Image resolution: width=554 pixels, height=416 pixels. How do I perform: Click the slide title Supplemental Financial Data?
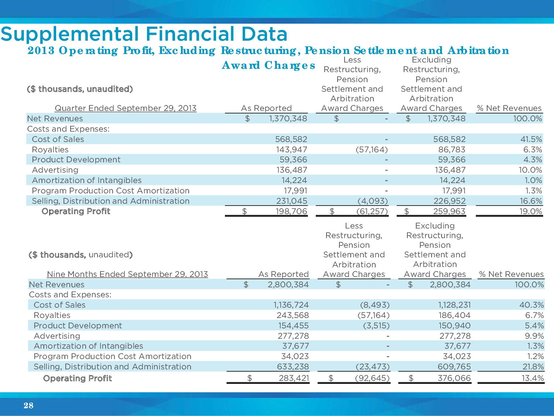tap(144, 34)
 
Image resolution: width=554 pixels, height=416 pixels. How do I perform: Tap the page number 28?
tap(28, 406)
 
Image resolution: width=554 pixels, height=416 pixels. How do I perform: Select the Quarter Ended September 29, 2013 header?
tap(126, 108)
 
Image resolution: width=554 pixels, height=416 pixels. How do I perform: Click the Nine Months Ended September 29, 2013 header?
tap(127, 274)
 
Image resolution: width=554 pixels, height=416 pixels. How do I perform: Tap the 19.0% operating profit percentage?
tap(530, 212)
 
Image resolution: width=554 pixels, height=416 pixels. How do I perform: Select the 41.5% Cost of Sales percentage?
tap(530, 139)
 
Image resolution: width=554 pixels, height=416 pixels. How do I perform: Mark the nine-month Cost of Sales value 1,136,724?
tap(291, 305)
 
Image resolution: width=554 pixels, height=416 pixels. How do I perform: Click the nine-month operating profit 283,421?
tap(293, 378)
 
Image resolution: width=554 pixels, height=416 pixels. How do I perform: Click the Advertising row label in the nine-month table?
tap(57, 336)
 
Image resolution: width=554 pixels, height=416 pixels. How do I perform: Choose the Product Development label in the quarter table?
tap(76, 160)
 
